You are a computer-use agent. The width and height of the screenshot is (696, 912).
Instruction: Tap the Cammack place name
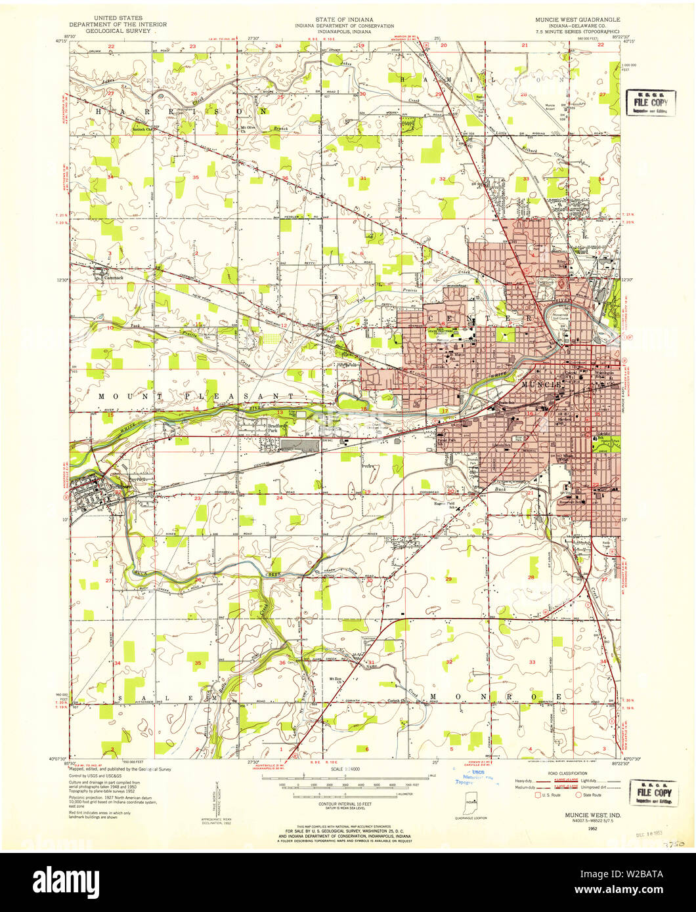[x=114, y=277]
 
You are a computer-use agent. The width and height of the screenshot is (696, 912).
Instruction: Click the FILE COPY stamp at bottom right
[x=652, y=792]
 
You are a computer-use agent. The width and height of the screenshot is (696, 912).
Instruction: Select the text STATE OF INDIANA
[x=348, y=20]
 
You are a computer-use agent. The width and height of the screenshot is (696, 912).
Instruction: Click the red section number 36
[x=285, y=178]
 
